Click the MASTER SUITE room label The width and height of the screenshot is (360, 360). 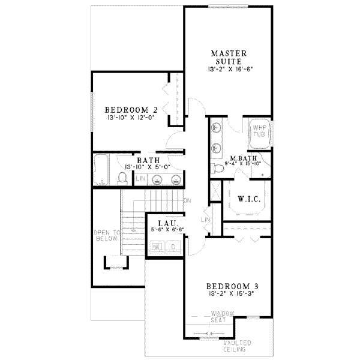pos(226,58)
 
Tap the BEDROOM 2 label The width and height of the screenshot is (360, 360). pos(131,110)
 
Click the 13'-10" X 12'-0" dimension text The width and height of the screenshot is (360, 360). pos(131,119)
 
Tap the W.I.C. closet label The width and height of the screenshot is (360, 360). pos(248,199)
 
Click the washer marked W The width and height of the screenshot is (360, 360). pos(156,247)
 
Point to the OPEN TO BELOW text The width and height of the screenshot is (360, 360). pos(106,235)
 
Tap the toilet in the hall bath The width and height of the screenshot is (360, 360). pos(122,178)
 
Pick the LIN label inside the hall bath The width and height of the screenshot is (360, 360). pos(140,179)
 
